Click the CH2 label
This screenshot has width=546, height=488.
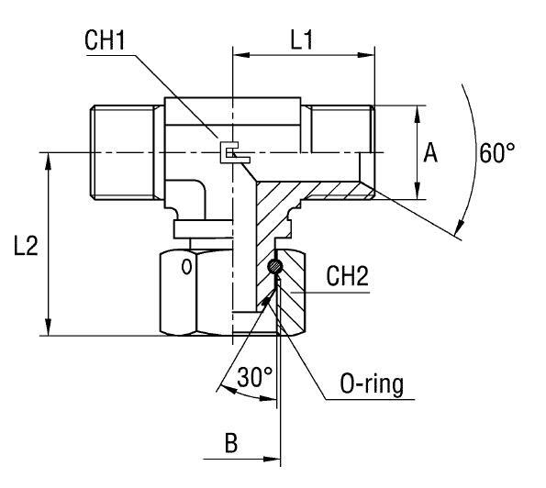click(348, 277)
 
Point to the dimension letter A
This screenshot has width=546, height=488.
click(429, 153)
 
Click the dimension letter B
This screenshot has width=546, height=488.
click(233, 443)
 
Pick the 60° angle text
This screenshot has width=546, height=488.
click(496, 153)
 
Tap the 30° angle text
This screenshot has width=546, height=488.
click(255, 377)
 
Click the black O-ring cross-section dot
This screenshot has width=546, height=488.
click(275, 267)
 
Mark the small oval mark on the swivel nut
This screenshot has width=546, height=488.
click(185, 268)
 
